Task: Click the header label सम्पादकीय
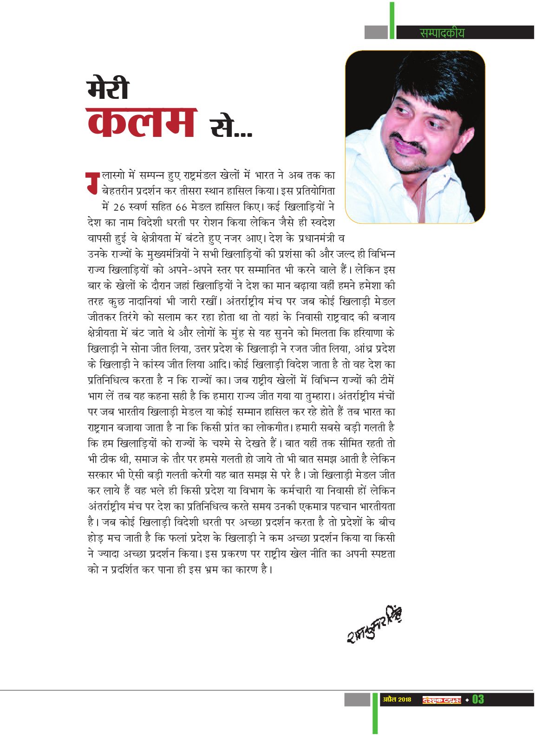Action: point(442,33)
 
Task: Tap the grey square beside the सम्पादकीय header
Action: point(376,32)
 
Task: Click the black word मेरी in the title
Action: point(108,90)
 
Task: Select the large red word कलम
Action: point(142,122)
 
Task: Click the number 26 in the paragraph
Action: point(119,207)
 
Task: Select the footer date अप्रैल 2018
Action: point(397,699)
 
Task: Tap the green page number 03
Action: point(478,699)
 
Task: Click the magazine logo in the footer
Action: point(441,700)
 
